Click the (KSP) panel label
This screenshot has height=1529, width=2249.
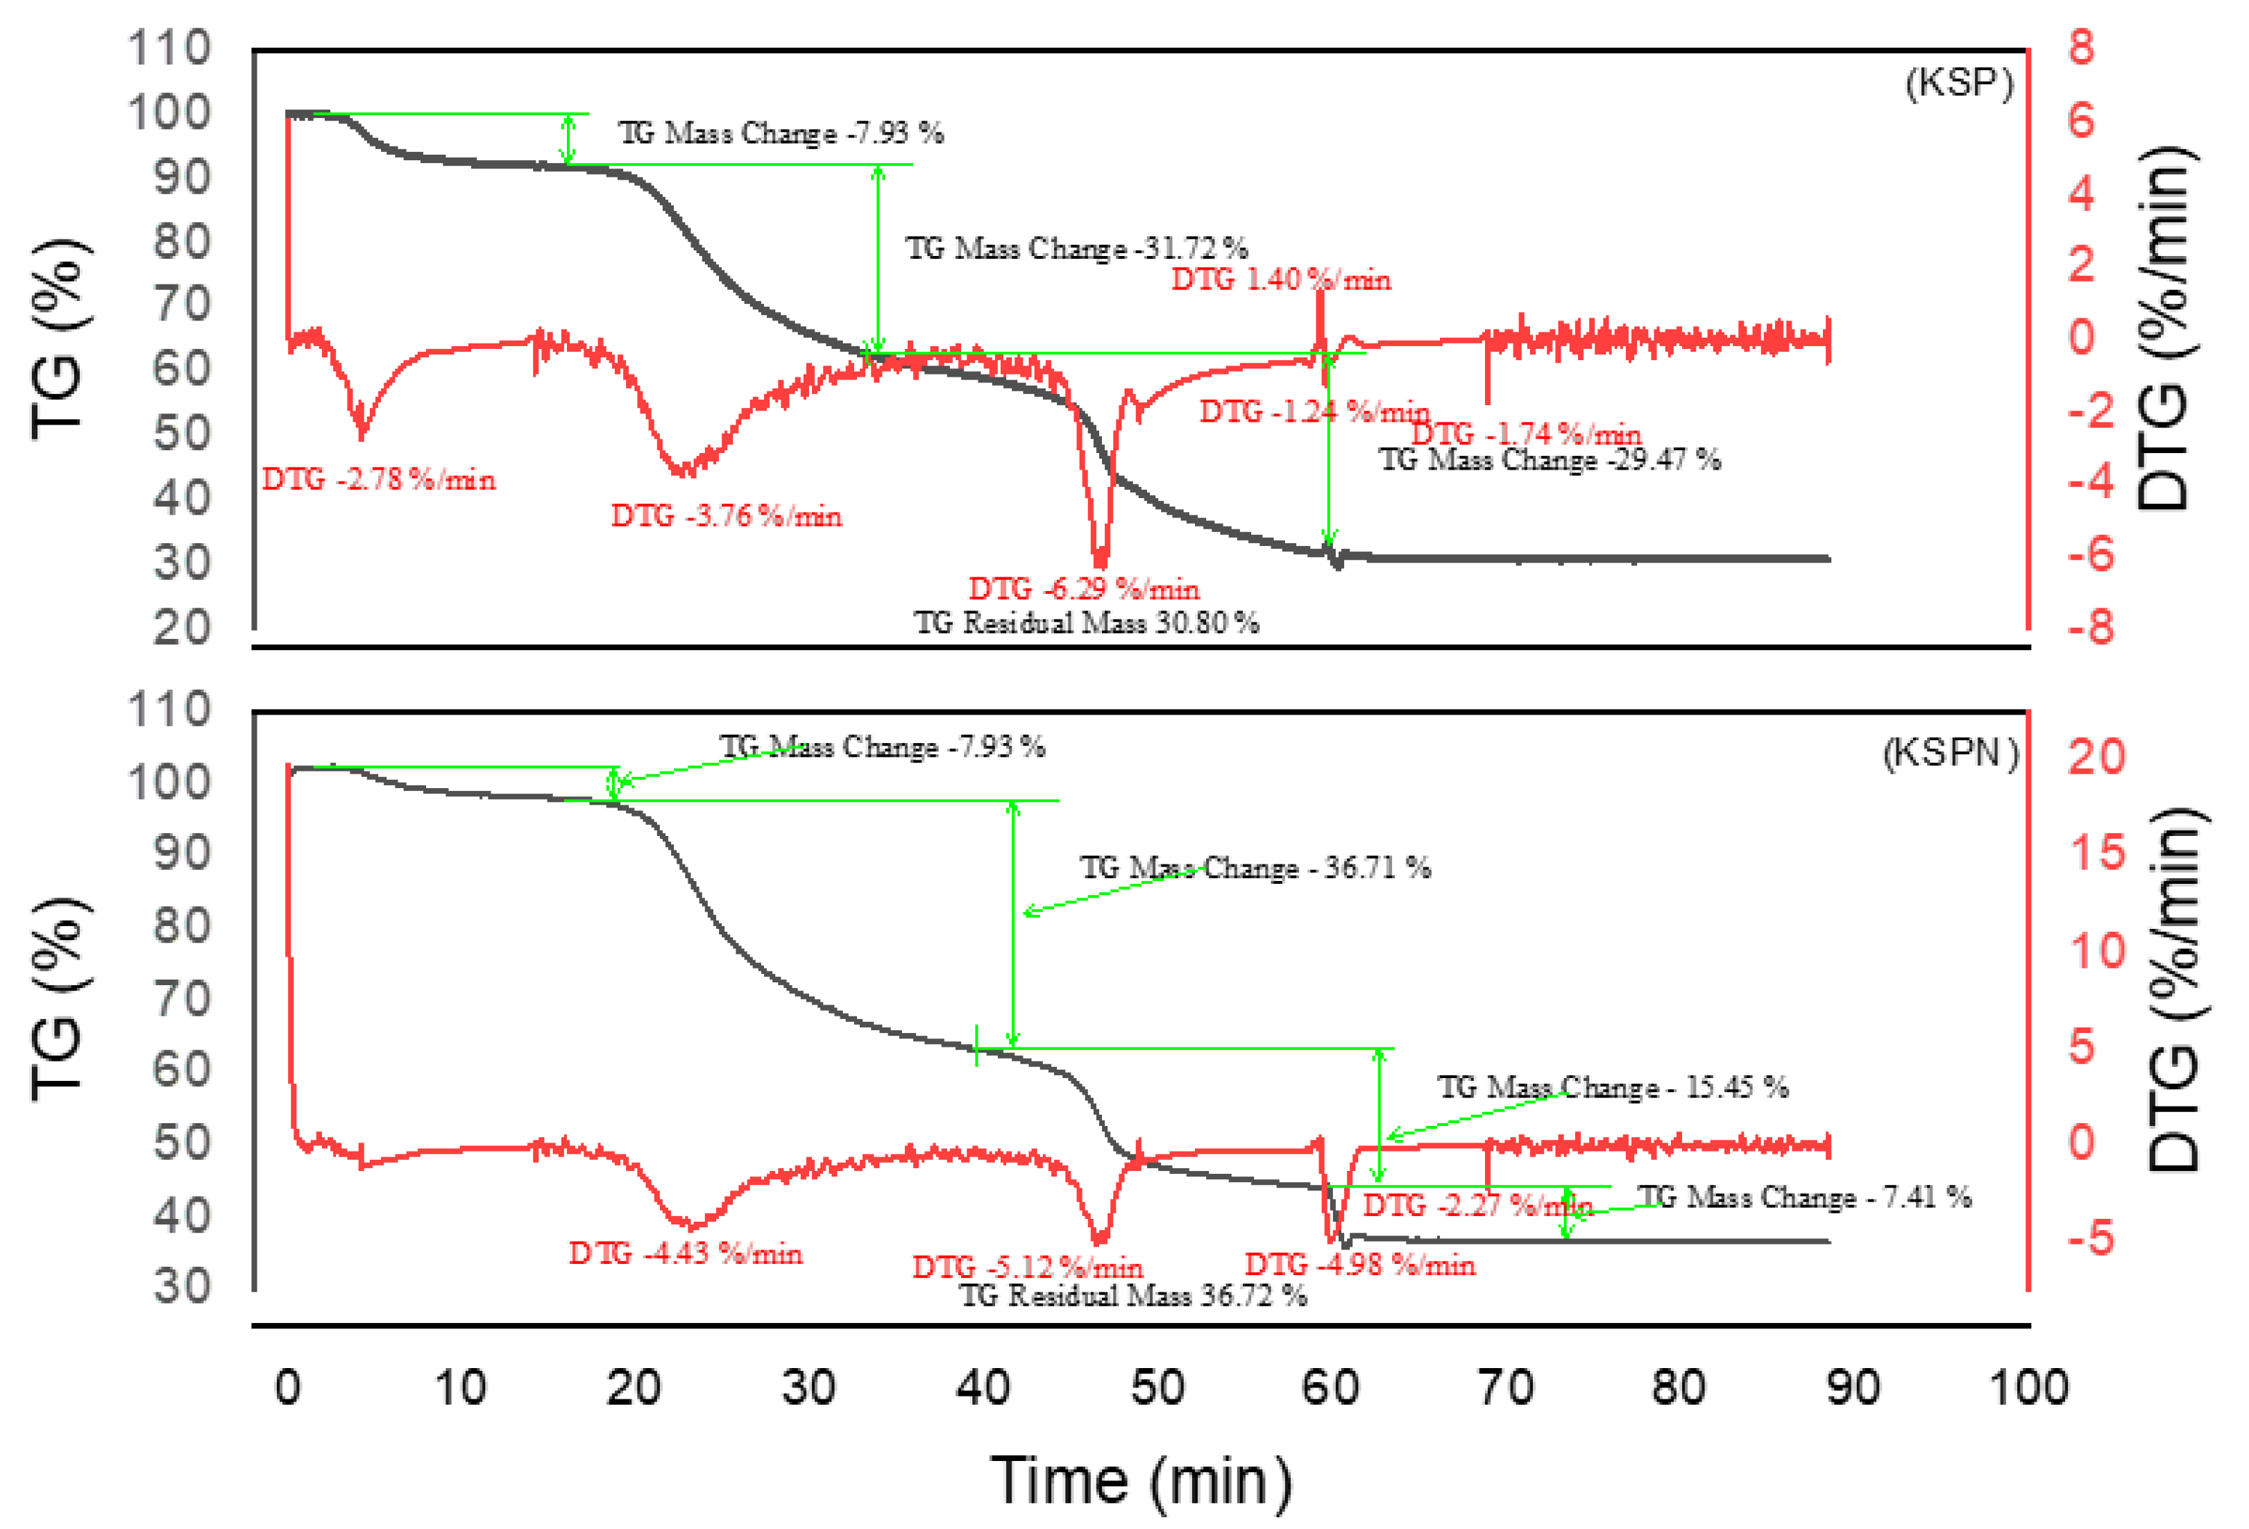click(1959, 83)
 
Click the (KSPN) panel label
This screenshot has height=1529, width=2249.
click(1950, 752)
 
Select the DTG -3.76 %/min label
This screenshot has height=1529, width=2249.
click(726, 516)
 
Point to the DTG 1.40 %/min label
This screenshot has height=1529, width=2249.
click(1281, 280)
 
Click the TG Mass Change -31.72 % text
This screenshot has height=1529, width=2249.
click(1076, 248)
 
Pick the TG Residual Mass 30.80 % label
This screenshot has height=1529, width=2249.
click(1086, 622)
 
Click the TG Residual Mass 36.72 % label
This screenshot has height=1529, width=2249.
click(1132, 1295)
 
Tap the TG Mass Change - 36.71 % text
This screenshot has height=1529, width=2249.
click(1255, 867)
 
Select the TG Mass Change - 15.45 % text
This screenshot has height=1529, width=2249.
click(1612, 1087)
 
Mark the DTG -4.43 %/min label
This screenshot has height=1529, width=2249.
click(685, 1253)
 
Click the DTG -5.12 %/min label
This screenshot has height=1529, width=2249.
click(1028, 1267)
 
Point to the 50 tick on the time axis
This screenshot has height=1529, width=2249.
click(1157, 1387)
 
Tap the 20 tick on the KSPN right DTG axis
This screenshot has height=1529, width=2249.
click(2096, 755)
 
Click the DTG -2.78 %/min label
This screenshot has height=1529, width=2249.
click(378, 479)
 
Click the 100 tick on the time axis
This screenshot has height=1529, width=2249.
click(2028, 1387)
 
